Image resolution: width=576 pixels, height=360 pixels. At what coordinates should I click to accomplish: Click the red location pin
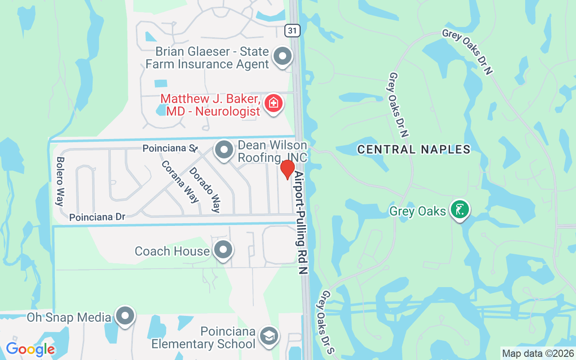[288, 170]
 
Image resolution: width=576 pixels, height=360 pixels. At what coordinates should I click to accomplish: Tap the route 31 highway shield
[292, 30]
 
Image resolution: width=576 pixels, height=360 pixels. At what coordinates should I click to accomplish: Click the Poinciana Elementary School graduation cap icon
[270, 336]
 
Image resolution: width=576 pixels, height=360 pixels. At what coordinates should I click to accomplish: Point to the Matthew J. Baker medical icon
[273, 103]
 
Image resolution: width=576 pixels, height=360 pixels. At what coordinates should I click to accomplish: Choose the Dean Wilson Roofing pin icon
[224, 150]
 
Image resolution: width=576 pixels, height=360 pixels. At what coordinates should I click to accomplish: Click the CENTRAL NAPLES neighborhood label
[414, 149]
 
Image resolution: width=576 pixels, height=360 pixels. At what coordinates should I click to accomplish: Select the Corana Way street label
[180, 182]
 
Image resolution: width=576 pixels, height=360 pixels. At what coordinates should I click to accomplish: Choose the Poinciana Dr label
[97, 217]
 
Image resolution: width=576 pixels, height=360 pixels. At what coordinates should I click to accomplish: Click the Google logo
[30, 349]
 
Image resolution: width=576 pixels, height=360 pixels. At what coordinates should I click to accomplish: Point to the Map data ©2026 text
[538, 353]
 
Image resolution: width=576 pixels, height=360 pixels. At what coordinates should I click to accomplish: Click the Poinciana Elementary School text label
[203, 338]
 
